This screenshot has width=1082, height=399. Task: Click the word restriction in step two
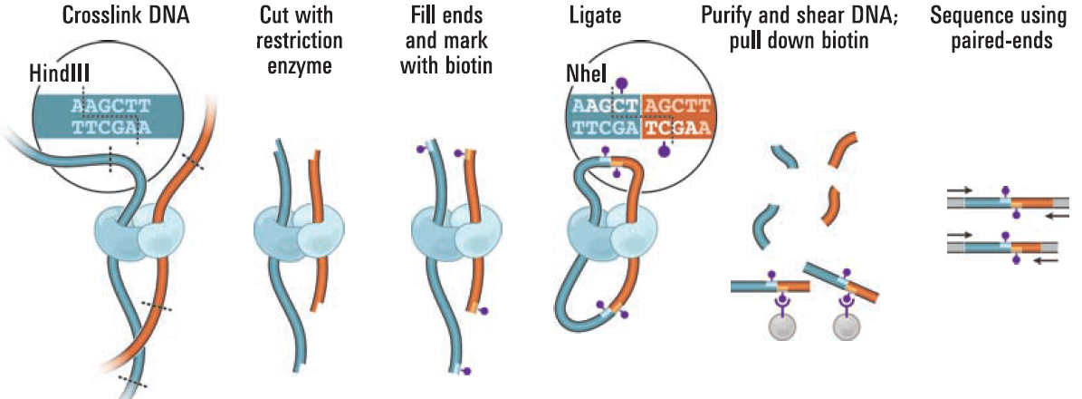tap(300, 40)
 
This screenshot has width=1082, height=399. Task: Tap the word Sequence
tap(967, 16)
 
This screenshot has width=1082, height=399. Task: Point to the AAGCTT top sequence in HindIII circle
tap(109, 106)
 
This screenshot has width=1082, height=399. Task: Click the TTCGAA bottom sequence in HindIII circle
tap(109, 128)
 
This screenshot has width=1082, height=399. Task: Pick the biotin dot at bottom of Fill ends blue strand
tap(467, 371)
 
